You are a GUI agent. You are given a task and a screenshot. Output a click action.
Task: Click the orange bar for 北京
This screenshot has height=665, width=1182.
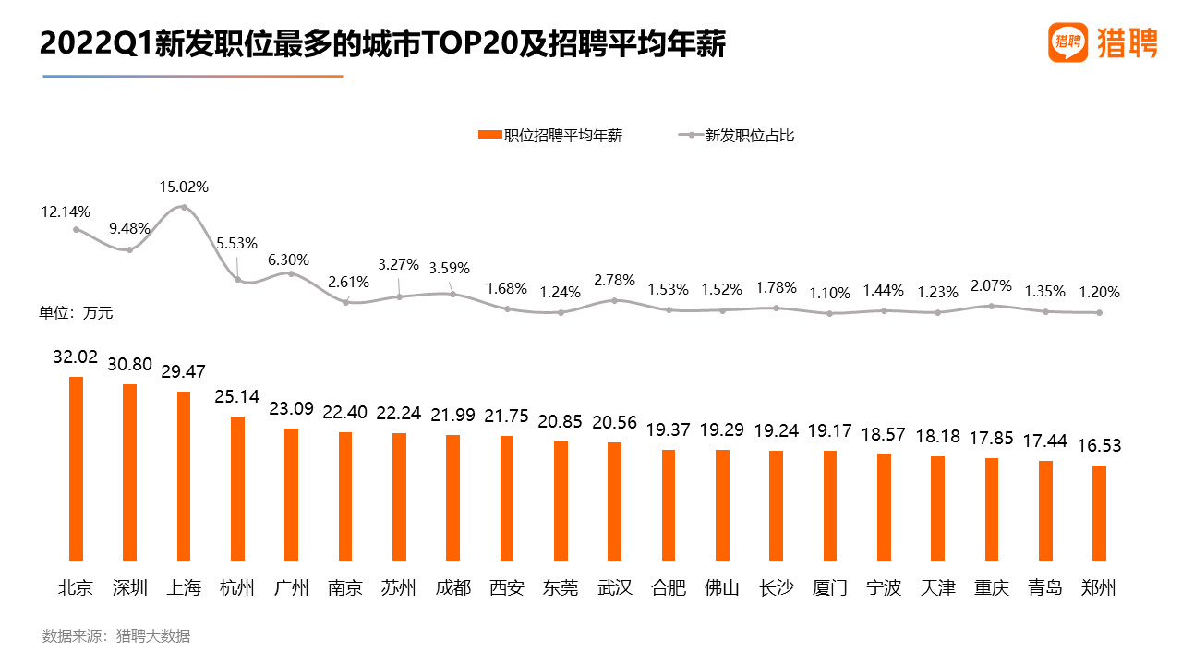coord(76,468)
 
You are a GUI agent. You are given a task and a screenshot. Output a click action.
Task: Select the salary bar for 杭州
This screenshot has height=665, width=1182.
coord(237,488)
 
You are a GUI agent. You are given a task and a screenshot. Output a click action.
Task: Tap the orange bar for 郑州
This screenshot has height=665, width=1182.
coord(1099,513)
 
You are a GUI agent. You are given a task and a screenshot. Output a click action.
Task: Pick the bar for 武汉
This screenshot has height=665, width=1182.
coord(614,501)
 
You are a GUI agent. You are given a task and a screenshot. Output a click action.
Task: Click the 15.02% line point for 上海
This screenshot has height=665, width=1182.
coord(184,207)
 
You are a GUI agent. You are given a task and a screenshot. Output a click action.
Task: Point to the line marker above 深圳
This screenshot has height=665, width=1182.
coord(130,249)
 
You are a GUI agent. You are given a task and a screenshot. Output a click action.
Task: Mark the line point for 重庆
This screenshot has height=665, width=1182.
coord(992,306)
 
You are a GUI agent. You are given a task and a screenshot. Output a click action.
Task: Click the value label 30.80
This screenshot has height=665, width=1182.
coord(129,364)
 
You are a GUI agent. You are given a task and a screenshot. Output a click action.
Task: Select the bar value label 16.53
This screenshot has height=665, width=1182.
coord(1099,445)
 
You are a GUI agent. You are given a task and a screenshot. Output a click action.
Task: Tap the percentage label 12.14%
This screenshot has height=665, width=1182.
coord(66,212)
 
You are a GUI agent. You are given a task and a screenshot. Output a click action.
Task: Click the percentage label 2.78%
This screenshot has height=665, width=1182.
coord(614,279)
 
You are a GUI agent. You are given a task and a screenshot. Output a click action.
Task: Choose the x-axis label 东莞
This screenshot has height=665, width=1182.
coord(561,587)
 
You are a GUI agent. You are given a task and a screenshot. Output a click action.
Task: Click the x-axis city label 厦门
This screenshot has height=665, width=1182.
coord(830,587)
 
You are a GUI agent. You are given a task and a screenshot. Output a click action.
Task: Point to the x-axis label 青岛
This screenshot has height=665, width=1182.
coord(1045,587)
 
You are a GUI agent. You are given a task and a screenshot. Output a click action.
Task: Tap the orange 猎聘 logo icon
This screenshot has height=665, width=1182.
coord(1068,42)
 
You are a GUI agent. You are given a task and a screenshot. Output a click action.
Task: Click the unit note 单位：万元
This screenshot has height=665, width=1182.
coord(76,313)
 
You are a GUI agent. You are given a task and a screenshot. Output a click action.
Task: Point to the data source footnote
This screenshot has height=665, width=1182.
coord(116,635)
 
